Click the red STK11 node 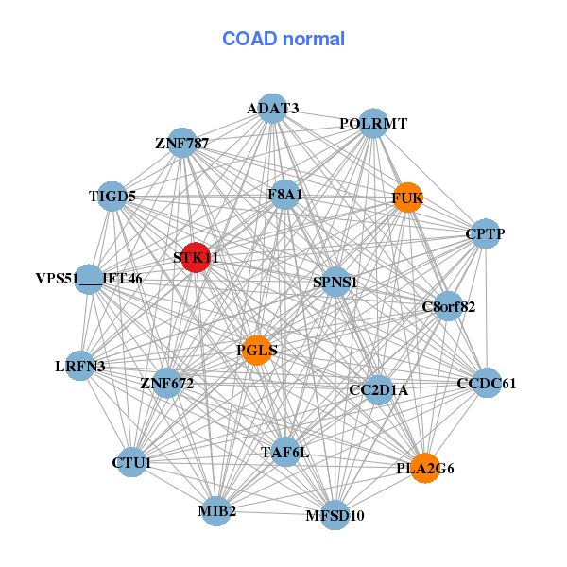[196, 257]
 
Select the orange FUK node [408, 198]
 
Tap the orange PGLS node [257, 351]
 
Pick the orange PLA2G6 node [425, 468]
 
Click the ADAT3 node [273, 109]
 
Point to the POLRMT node [373, 123]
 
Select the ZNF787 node [182, 143]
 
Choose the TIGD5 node [112, 197]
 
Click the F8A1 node [285, 195]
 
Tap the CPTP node [486, 234]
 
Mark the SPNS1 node [335, 282]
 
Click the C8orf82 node [448, 306]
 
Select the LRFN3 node [80, 366]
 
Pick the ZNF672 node [167, 383]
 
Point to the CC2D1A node [379, 389]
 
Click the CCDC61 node [487, 383]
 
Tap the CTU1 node [131, 462]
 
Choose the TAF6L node [285, 452]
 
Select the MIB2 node [216, 511]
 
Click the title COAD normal [283, 39]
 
